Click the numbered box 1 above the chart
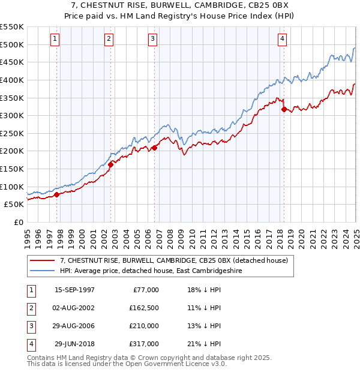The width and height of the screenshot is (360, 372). [55, 40]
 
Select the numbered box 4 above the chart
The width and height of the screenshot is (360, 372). [282, 40]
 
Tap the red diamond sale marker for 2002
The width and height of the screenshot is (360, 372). [111, 165]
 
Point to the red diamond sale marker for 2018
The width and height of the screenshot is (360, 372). [284, 109]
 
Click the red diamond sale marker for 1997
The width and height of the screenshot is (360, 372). [57, 194]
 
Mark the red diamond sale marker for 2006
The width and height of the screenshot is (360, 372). [155, 148]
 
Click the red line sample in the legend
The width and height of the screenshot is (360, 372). [43, 260]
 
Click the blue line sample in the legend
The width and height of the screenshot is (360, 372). [43, 271]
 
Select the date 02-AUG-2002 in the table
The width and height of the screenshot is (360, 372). [74, 308]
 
